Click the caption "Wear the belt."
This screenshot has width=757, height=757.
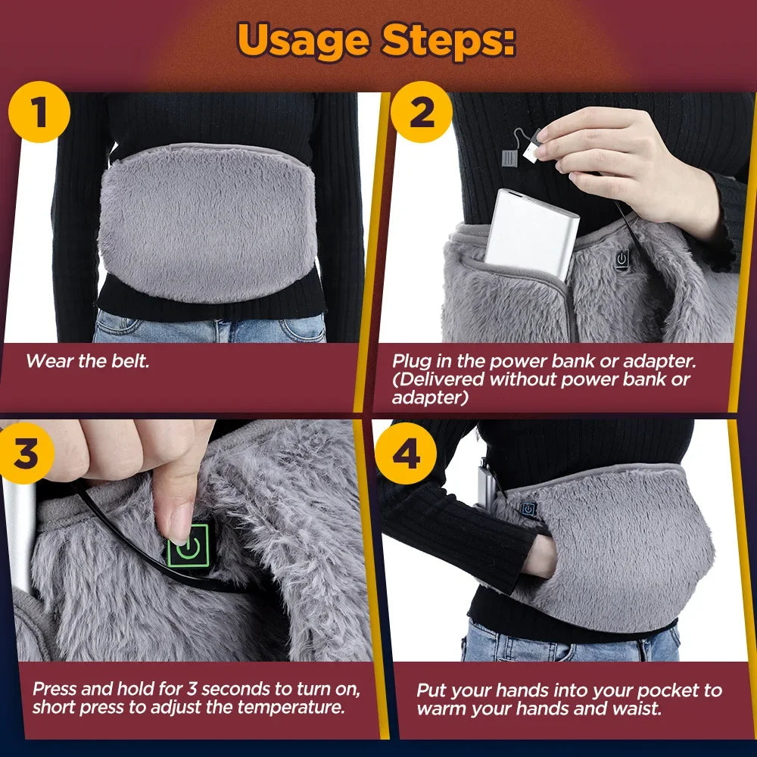pyautogui.click(x=88, y=361)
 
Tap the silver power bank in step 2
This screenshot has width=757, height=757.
pyautogui.click(x=530, y=232)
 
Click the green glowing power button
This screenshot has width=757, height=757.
pyautogui.click(x=188, y=546)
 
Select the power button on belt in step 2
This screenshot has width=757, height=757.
pyautogui.click(x=621, y=260)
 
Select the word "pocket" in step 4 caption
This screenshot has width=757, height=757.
pyautogui.click(x=668, y=690)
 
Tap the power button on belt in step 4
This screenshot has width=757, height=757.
pyautogui.click(x=528, y=505)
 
